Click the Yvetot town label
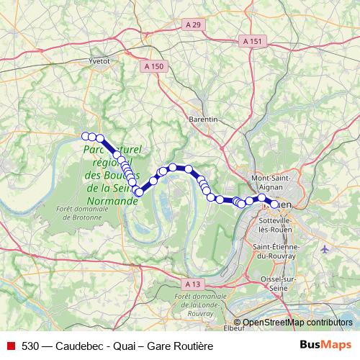(x=98, y=62)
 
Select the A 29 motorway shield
(x=193, y=25)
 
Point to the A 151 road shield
(x=253, y=42)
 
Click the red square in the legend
(x=12, y=345)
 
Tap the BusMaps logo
(x=325, y=344)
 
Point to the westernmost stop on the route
(x=85, y=136)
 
